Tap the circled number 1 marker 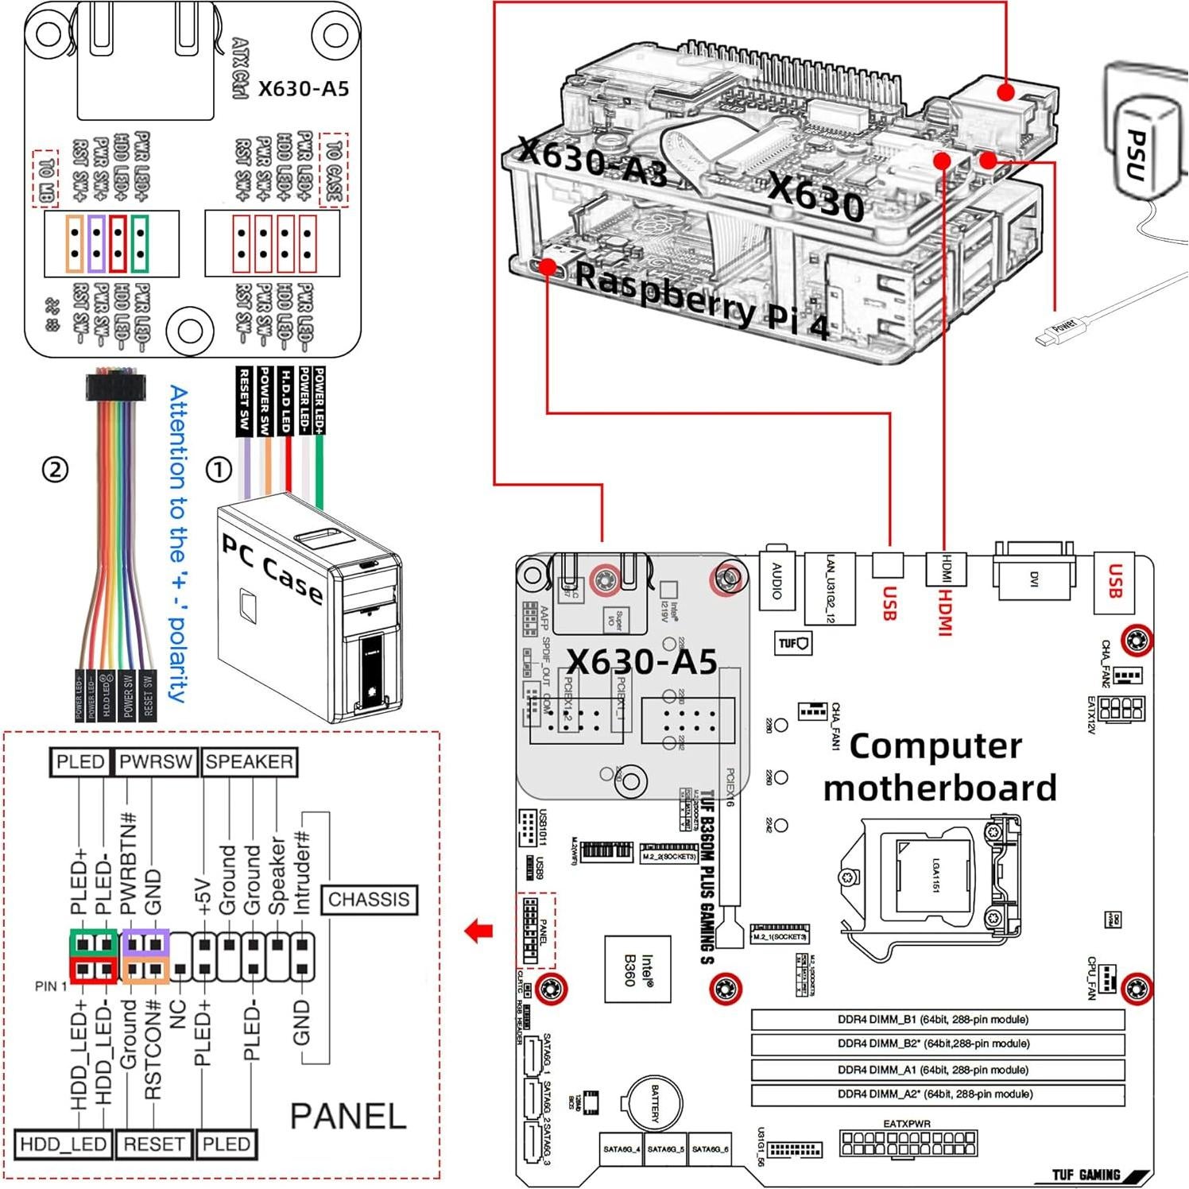click(219, 470)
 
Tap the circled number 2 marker click(54, 470)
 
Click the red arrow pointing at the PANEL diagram click(479, 931)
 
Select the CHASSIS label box click(369, 900)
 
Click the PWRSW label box click(156, 762)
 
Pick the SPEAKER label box click(249, 762)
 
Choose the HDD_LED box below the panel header click(63, 1144)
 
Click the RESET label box click(153, 1144)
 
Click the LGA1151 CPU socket click(935, 874)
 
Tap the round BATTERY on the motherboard click(656, 1103)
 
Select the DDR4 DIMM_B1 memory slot click(938, 1020)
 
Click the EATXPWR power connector click(908, 1143)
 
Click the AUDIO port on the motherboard click(777, 580)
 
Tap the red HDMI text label click(945, 612)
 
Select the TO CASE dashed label click(334, 171)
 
